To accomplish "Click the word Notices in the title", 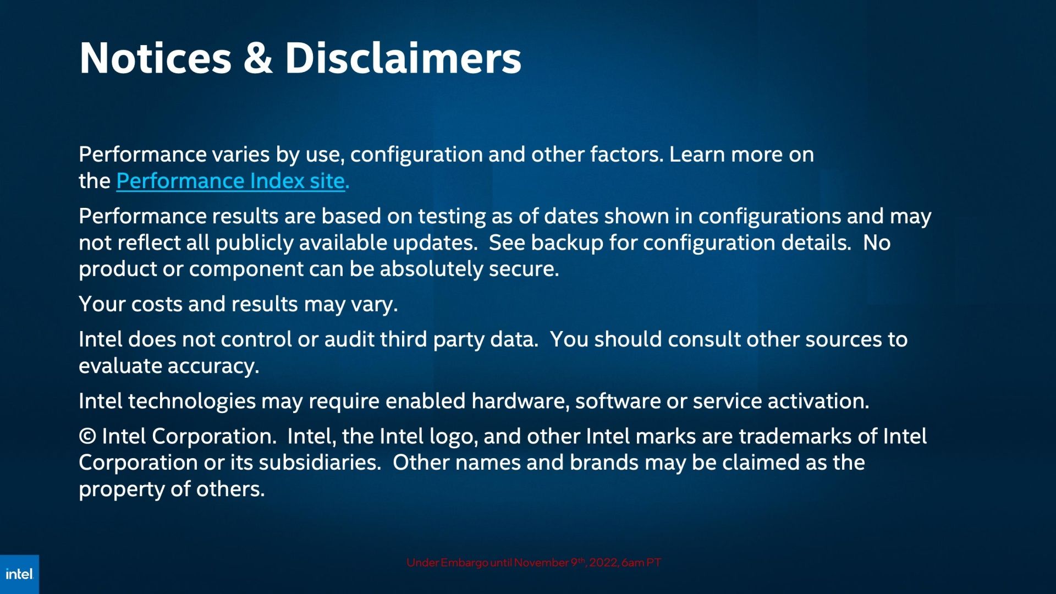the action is (x=156, y=58).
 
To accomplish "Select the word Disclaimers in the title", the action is (x=403, y=58).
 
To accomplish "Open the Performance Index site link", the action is (x=233, y=181).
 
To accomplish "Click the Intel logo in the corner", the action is (x=19, y=574).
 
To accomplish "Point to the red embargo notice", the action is (x=533, y=563).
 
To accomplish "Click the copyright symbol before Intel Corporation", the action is (x=87, y=436).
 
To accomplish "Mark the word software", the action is (x=618, y=401).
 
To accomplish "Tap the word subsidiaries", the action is (x=320, y=463).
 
